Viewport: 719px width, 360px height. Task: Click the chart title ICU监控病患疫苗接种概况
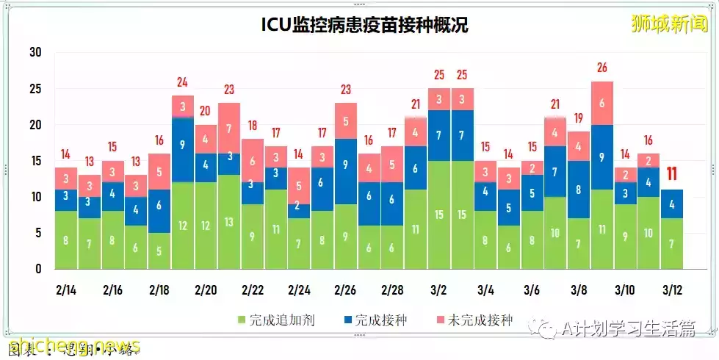click(365, 25)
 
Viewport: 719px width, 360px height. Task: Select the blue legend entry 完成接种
click(375, 320)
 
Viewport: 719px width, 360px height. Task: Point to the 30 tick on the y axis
click(35, 53)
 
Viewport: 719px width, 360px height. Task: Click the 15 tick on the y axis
click(35, 161)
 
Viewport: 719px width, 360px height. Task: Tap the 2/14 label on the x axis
click(65, 289)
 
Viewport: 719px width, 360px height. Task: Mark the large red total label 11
click(671, 175)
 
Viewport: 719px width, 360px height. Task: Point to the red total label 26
click(601, 68)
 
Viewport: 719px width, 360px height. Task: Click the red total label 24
click(182, 82)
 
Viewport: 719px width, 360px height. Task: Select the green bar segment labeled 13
click(228, 222)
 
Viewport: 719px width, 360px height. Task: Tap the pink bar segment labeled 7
click(228, 128)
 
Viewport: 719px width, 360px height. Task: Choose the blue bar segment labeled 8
click(579, 190)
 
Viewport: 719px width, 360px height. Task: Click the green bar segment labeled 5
click(159, 251)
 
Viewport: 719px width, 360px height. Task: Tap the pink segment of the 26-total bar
click(601, 104)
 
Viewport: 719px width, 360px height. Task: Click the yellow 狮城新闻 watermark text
click(671, 24)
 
